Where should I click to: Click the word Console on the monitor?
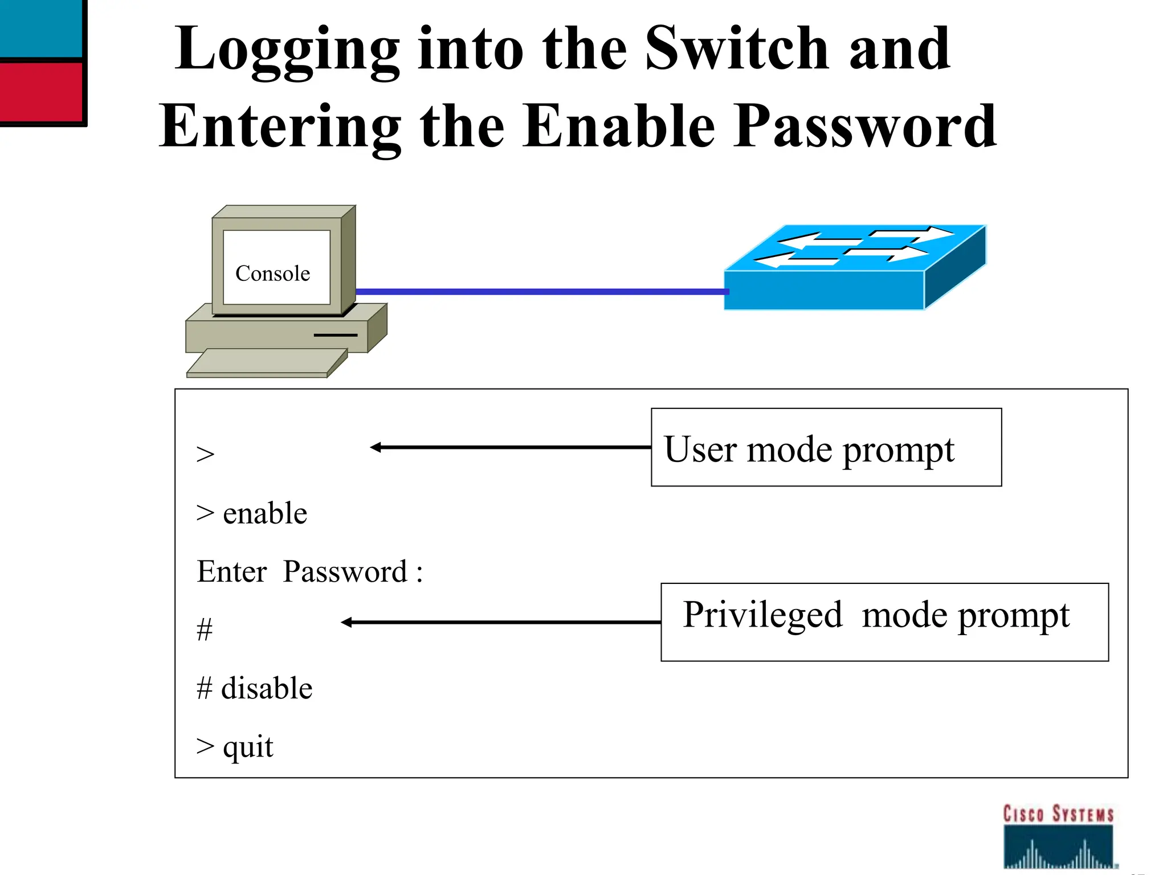coord(272,273)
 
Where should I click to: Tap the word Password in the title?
coord(865,126)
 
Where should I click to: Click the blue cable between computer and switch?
coord(541,292)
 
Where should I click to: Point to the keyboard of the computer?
coord(266,363)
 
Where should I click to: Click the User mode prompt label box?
coord(826,448)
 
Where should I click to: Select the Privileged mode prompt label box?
coord(884,622)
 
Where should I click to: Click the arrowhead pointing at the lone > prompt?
coord(376,448)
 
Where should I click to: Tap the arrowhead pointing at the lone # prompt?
coord(346,623)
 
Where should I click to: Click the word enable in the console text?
coord(265,513)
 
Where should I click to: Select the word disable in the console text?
coord(267,688)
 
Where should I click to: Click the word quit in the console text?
coord(248,747)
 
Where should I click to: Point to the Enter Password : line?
coord(309,571)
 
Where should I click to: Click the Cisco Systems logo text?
coord(1058,814)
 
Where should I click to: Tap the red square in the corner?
coord(41,91)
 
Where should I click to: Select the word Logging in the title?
coord(287,50)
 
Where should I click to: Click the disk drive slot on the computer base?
coord(336,335)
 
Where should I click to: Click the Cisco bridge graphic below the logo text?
coord(1058,849)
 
